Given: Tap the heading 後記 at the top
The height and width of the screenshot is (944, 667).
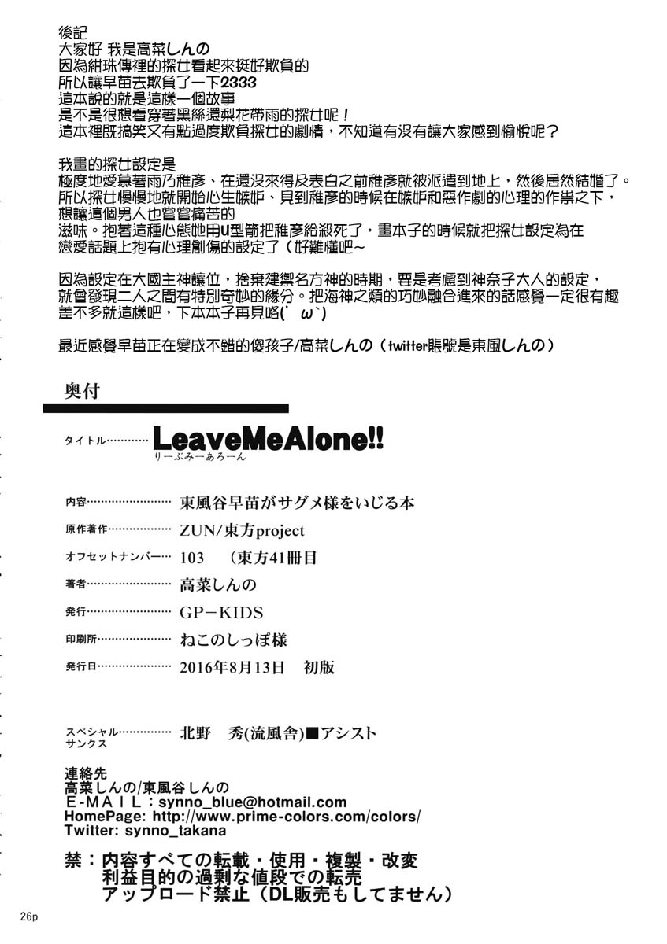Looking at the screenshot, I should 72,33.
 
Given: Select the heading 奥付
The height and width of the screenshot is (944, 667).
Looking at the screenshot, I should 81,390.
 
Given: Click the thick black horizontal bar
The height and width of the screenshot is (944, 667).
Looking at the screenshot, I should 165,409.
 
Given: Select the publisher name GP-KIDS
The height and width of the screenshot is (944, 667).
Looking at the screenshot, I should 221,613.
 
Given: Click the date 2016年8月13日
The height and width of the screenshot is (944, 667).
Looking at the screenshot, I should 232,667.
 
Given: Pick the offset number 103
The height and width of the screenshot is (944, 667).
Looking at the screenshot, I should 192,558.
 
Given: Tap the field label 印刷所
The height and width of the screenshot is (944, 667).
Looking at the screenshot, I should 81,640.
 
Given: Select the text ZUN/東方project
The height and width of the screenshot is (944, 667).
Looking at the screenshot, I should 242,531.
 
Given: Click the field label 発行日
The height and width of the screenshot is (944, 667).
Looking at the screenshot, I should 81,667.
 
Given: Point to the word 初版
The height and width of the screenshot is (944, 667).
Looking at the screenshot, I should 319,667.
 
